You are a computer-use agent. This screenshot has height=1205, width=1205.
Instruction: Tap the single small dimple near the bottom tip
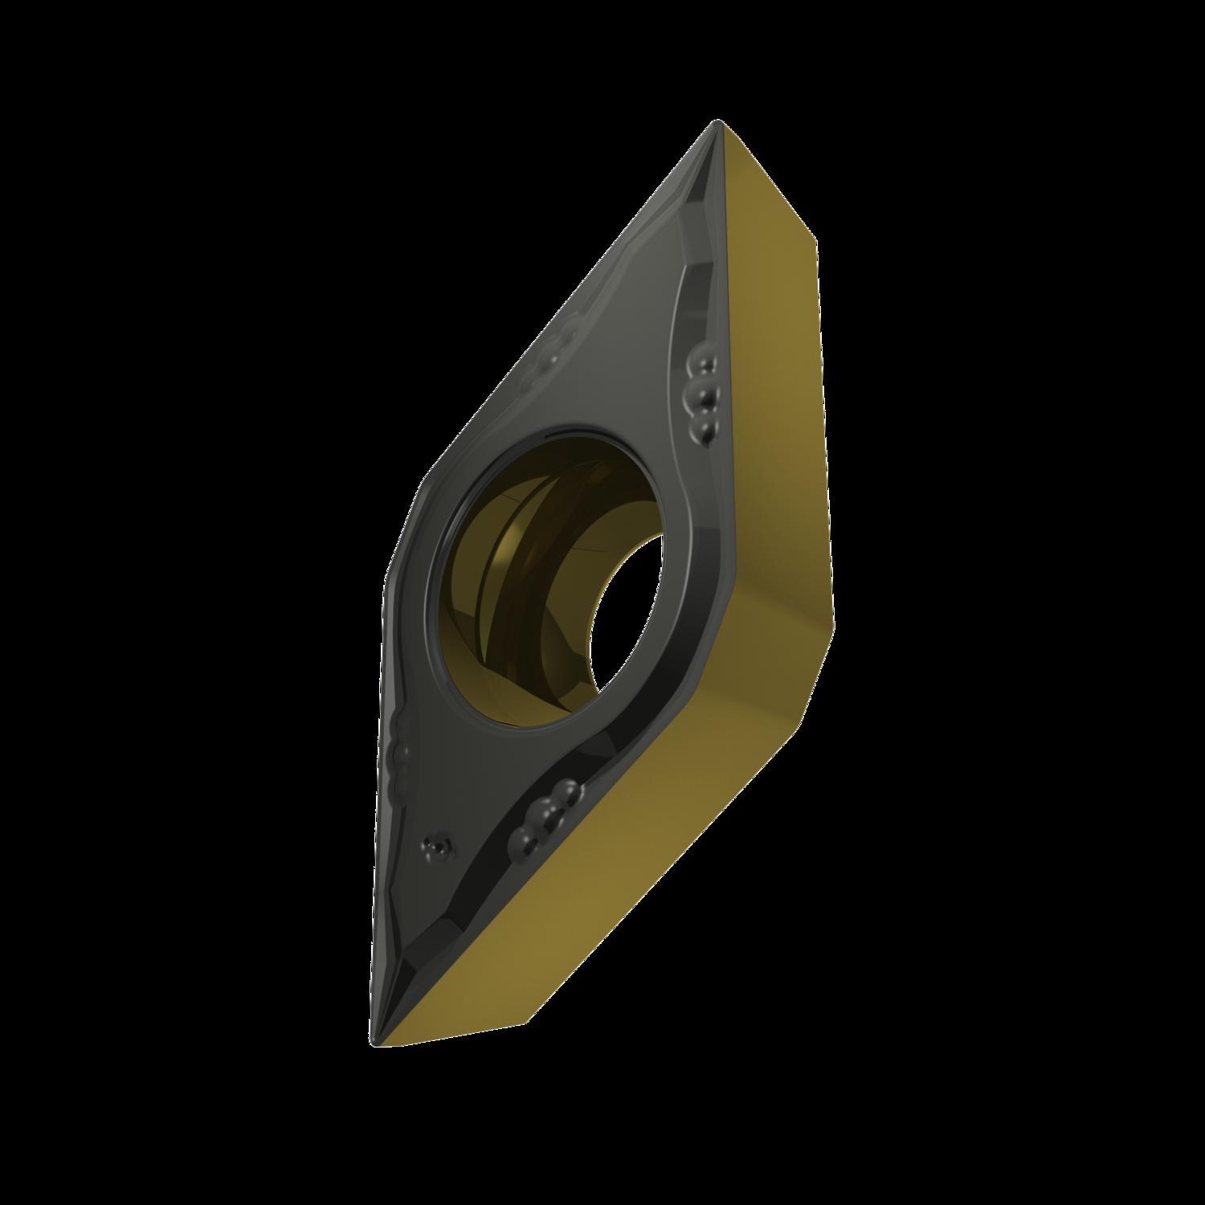click(436, 844)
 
